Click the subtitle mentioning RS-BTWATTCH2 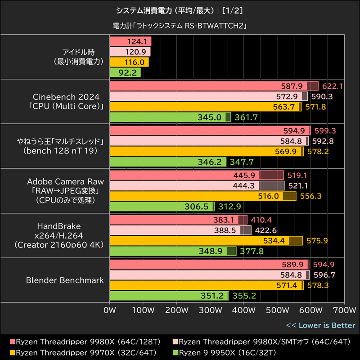(180, 26)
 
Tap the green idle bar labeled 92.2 (125, 72)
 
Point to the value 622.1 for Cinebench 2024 (333, 86)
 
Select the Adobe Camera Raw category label (65, 190)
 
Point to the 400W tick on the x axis (243, 310)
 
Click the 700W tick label (343, 310)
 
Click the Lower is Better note (320, 325)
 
